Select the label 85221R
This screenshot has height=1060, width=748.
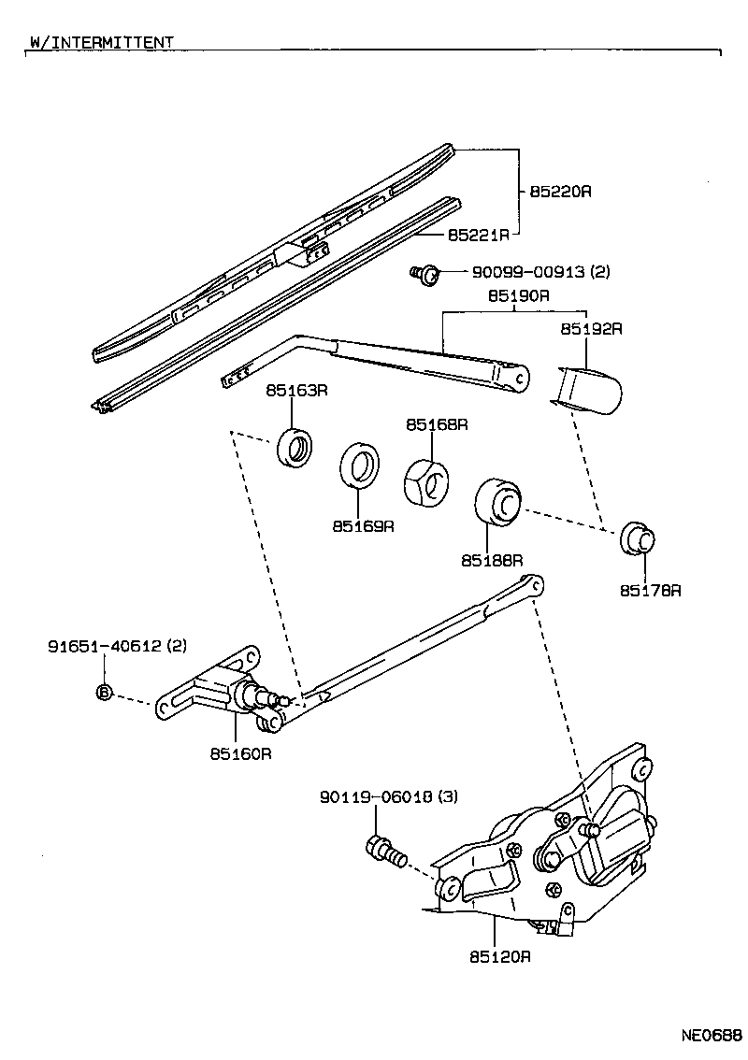[478, 234]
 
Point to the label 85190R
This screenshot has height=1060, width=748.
[517, 296]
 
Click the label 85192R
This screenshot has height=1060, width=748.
[591, 329]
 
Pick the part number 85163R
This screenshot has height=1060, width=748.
[295, 391]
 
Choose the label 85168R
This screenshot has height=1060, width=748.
[436, 424]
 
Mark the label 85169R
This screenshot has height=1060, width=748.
[363, 526]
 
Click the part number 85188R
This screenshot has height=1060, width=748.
[491, 560]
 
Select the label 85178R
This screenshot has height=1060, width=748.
[651, 591]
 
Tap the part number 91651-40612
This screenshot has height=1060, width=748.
[106, 646]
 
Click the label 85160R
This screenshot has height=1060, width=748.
[240, 753]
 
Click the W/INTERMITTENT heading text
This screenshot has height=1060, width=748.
[100, 42]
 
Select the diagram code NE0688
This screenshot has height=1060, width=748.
[711, 1037]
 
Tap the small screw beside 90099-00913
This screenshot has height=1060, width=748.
[425, 274]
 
